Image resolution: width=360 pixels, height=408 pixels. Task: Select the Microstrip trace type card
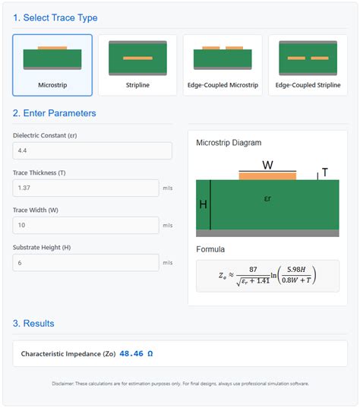click(x=52, y=65)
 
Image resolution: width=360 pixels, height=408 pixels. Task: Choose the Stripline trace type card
click(x=137, y=65)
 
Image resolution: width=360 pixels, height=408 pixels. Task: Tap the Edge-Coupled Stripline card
click(x=308, y=65)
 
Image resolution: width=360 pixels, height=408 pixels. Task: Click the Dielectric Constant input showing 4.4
click(x=92, y=151)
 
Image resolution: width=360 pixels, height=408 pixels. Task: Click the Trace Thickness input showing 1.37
click(x=85, y=188)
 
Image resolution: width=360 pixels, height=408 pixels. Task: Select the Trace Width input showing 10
click(x=85, y=225)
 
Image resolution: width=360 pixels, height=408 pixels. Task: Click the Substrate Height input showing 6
click(x=85, y=262)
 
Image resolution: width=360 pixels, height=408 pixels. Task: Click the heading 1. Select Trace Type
click(x=55, y=17)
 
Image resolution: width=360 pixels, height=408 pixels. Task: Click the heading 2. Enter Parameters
click(x=54, y=113)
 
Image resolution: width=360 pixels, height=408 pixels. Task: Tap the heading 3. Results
click(x=33, y=323)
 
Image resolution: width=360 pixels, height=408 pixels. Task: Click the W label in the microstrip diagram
click(x=267, y=165)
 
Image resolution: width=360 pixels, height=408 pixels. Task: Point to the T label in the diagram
click(x=325, y=172)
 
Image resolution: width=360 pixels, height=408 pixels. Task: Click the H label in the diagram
click(x=203, y=204)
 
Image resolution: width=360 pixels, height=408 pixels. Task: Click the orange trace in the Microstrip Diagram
click(x=267, y=176)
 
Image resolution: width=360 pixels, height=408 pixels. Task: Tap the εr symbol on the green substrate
click(x=267, y=199)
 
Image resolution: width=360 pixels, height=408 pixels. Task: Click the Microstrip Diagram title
click(x=229, y=142)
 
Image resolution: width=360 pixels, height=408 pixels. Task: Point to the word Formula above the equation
click(x=210, y=248)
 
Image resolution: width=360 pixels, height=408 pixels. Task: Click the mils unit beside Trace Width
click(x=168, y=225)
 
